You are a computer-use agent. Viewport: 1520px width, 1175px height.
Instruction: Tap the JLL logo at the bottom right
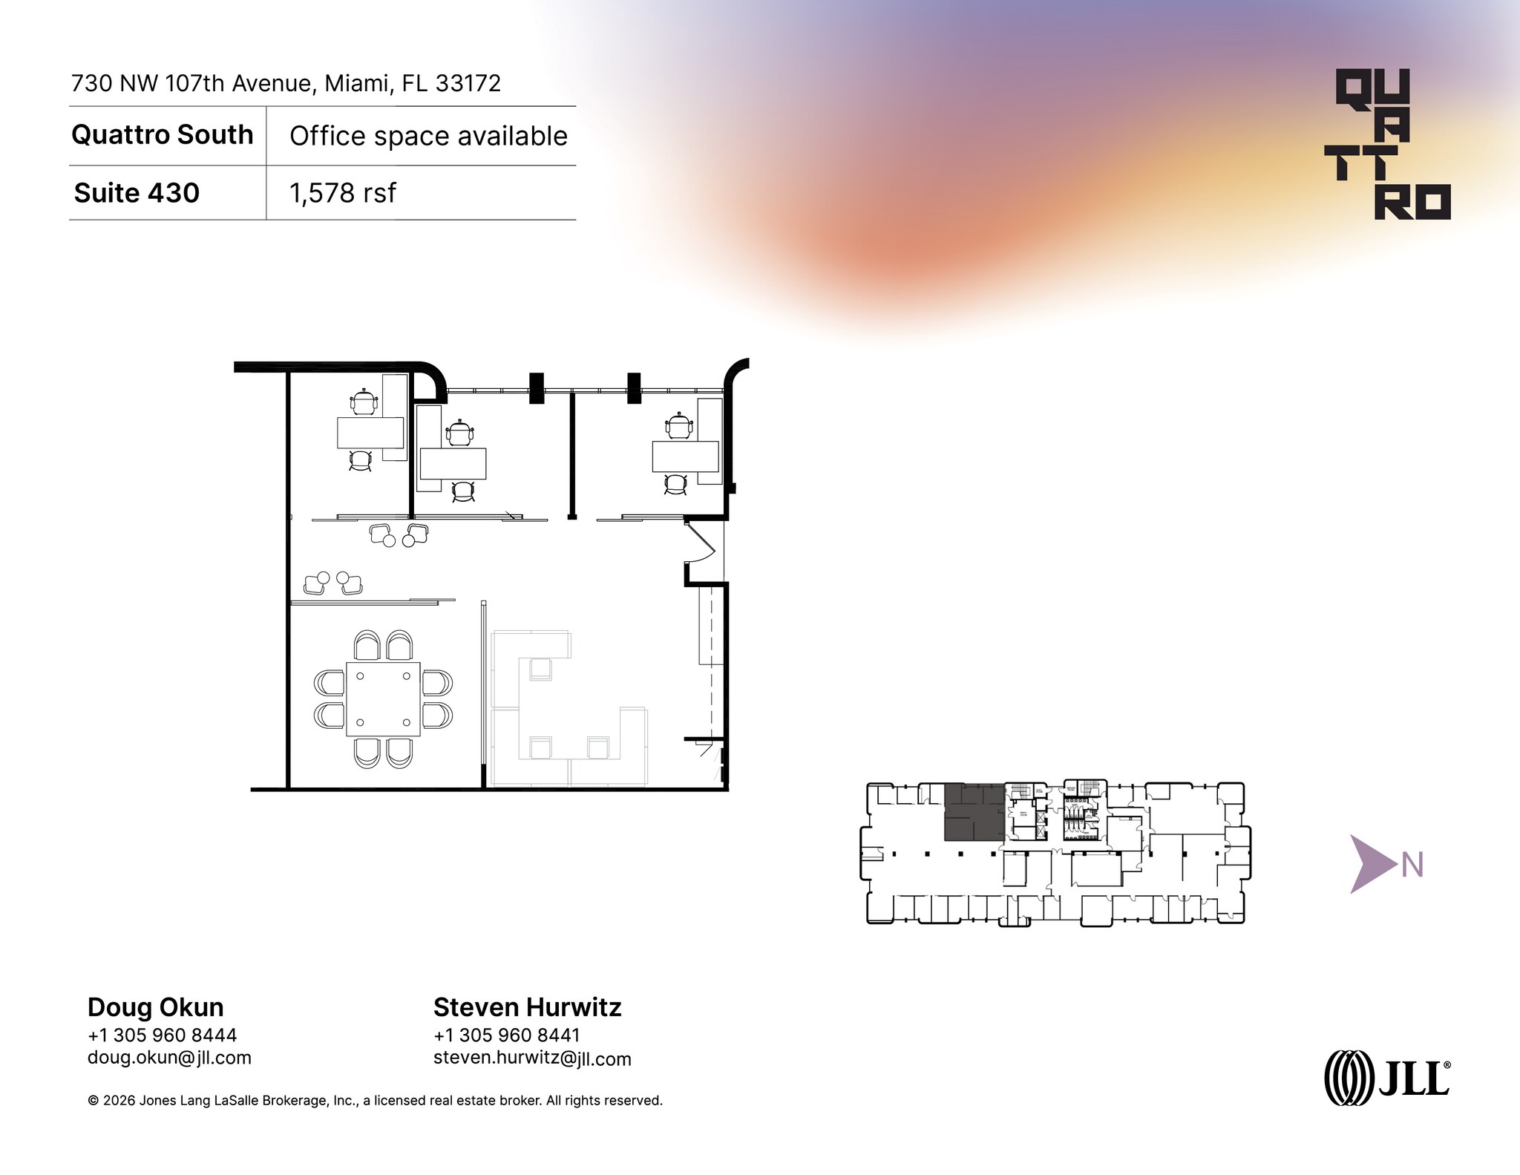point(1386,1077)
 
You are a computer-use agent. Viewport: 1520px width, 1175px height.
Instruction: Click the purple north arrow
point(1372,864)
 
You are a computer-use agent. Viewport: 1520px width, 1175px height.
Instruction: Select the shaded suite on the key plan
point(973,813)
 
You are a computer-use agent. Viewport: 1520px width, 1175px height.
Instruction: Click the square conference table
point(383,698)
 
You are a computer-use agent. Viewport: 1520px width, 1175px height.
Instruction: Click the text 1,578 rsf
point(343,193)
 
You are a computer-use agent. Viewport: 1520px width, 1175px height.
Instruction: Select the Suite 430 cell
point(137,193)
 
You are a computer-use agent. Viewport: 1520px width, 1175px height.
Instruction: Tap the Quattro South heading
point(163,135)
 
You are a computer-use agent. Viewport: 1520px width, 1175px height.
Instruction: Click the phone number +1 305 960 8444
point(162,1035)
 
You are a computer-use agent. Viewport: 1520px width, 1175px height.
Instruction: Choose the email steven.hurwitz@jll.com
point(532,1058)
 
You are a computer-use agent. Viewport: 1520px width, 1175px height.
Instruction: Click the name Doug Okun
point(156,1007)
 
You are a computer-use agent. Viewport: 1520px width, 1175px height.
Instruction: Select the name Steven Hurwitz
point(527,1007)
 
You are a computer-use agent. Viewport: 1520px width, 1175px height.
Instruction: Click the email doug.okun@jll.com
point(169,1057)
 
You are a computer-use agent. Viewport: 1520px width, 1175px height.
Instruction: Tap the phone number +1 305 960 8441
point(507,1035)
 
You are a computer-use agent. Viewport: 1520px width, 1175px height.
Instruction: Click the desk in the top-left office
point(370,433)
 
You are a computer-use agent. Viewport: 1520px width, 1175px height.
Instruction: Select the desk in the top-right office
point(685,456)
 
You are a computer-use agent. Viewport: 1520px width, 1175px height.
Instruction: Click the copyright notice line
point(375,1100)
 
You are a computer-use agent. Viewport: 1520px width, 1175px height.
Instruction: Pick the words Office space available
point(428,136)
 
